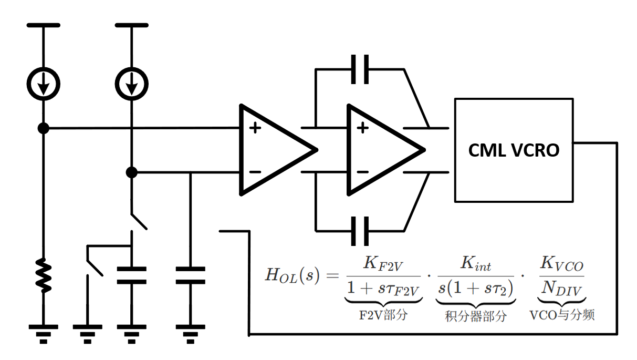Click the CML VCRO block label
(x=514, y=151)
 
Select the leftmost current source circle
(x=44, y=83)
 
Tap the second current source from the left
(x=132, y=83)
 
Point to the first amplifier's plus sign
(x=255, y=128)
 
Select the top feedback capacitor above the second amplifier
(x=360, y=69)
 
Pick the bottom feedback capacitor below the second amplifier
(x=360, y=230)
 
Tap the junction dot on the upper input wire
(x=44, y=128)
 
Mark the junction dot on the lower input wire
(x=132, y=172)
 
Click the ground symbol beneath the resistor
(x=44, y=332)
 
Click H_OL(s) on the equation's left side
(x=292, y=276)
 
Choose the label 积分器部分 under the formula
(x=476, y=316)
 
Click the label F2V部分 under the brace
(x=383, y=316)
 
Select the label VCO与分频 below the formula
(x=561, y=315)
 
